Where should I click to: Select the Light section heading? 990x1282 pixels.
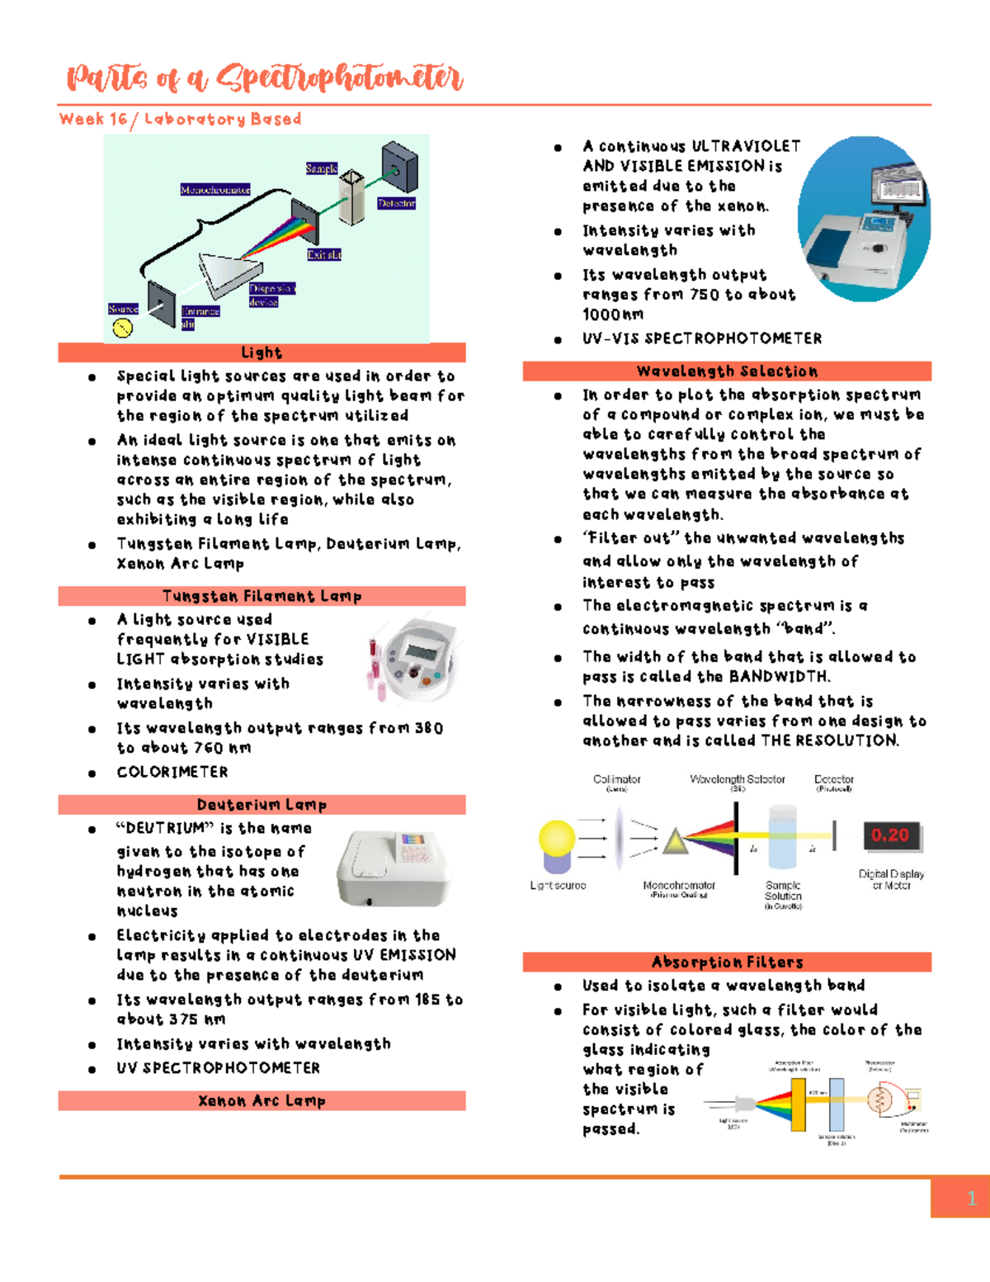click(x=262, y=352)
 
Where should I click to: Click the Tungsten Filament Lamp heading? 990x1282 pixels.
click(x=262, y=596)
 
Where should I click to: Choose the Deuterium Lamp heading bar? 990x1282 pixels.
click(x=262, y=805)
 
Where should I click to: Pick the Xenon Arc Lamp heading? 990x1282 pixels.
click(x=262, y=1100)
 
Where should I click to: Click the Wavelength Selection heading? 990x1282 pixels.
click(x=727, y=371)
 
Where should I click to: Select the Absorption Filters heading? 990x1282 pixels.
click(x=727, y=962)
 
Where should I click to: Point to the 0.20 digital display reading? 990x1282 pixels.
click(x=889, y=835)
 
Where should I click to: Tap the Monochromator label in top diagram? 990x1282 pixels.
click(x=214, y=190)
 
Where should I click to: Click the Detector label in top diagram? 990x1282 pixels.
click(x=396, y=203)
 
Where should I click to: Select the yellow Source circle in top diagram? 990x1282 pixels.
click(x=122, y=329)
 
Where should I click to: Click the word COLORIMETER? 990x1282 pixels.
click(x=172, y=772)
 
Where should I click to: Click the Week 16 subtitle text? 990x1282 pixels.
click(x=180, y=119)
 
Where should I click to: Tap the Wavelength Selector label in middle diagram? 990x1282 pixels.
click(x=737, y=779)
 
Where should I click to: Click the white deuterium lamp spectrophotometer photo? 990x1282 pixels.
click(x=394, y=867)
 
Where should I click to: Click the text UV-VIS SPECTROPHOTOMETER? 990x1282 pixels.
click(x=702, y=338)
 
